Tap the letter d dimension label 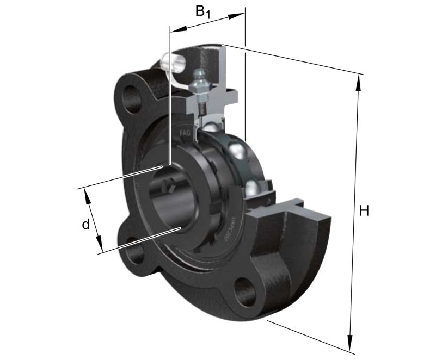85,224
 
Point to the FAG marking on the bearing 185,132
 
